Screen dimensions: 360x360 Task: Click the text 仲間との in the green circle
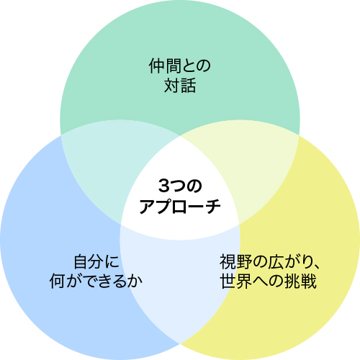point(179,66)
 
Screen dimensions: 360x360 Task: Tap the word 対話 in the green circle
point(180,85)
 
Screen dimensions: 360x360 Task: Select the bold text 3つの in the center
point(180,186)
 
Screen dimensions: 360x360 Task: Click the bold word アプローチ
point(180,206)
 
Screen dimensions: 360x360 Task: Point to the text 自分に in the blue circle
point(96,261)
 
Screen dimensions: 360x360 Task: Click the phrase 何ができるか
point(96,281)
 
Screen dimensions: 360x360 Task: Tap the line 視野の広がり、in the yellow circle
point(269,261)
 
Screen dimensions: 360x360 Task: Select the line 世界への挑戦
point(269,281)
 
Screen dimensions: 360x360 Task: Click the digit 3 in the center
point(164,186)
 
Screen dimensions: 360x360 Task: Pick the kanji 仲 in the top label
point(156,66)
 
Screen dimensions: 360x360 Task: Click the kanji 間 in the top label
point(173,66)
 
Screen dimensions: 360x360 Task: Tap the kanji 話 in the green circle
point(188,85)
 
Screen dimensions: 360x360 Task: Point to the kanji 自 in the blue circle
point(81,261)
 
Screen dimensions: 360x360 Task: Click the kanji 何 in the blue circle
point(58,281)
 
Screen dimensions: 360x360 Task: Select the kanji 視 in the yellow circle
point(228,261)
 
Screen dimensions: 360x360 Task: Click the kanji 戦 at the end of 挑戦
point(309,281)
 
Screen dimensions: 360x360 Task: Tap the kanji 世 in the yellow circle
point(228,281)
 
